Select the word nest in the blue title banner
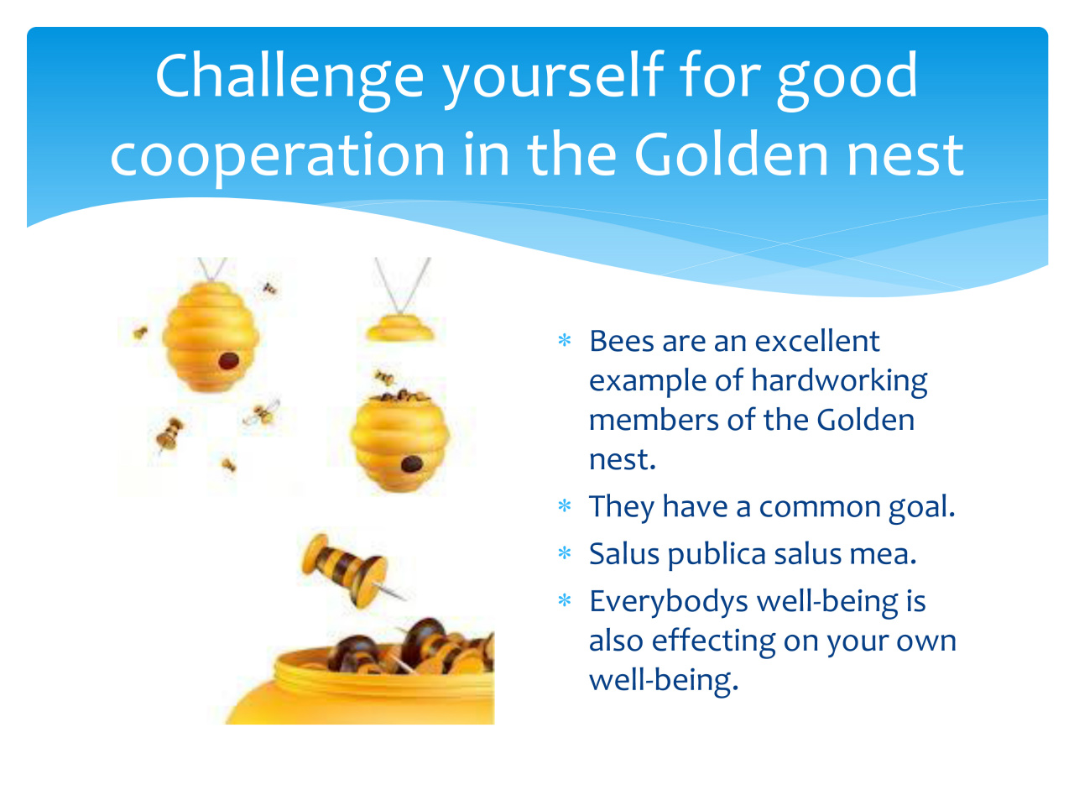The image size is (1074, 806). [x=905, y=155]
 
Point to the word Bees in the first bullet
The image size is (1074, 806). [x=621, y=341]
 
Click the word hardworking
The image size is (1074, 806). [x=839, y=382]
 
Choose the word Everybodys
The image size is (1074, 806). [x=669, y=603]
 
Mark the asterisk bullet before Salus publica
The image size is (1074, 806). [x=564, y=553]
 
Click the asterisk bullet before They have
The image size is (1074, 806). [x=564, y=505]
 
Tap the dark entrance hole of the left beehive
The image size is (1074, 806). [x=228, y=361]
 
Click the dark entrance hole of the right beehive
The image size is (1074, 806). [x=412, y=463]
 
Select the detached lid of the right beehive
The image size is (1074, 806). [x=399, y=328]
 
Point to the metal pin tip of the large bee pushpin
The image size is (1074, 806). [x=404, y=598]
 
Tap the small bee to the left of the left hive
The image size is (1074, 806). [x=140, y=332]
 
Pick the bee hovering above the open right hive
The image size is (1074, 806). [x=384, y=378]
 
